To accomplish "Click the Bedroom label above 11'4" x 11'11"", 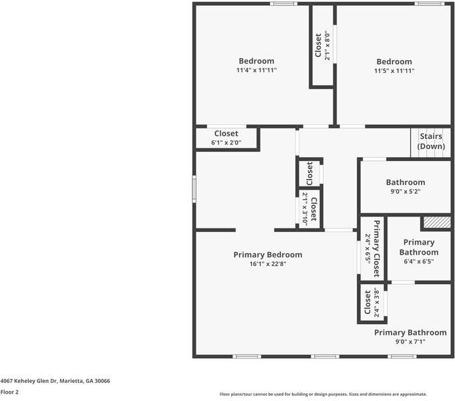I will coord(256,61).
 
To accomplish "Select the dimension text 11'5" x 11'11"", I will coord(394,70).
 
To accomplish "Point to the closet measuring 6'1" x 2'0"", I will coord(226,138).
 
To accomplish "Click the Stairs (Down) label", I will coord(431,141).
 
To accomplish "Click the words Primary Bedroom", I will coord(267,255).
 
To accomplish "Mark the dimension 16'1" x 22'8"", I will coord(267,264).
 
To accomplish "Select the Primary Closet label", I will coord(375,249).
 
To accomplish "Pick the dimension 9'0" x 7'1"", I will coord(410,342).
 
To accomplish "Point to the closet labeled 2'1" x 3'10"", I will coord(309,209).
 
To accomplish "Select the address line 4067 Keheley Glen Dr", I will coord(55,381).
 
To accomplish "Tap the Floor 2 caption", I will coord(9,392).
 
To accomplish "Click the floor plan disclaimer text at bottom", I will coord(323,394).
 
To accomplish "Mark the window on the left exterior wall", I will coord(194,188).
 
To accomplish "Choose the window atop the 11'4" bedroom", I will coord(284,4).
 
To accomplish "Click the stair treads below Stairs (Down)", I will coord(430,154).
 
